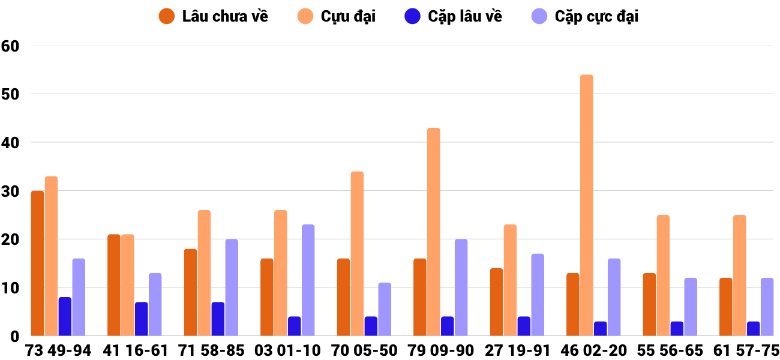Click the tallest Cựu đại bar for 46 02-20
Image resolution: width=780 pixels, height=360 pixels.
[586, 205]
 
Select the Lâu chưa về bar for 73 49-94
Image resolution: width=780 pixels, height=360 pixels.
[37, 263]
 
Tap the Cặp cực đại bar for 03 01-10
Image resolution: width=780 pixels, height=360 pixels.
[308, 280]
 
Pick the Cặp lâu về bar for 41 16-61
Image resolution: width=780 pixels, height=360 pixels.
[141, 319]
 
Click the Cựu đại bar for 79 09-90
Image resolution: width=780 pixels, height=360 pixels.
[433, 232]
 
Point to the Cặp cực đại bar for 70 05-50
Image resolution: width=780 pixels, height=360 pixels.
[385, 309]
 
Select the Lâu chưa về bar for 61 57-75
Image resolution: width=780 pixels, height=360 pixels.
[726, 307]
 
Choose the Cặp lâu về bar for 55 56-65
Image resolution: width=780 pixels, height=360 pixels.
[677, 329]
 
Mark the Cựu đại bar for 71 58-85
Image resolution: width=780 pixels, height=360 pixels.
[204, 273]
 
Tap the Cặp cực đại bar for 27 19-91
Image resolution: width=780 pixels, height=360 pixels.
[538, 295]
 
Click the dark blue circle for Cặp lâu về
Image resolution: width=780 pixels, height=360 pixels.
[412, 16]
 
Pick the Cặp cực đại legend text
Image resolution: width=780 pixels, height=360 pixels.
[596, 16]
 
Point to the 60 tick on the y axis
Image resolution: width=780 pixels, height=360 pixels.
[11, 46]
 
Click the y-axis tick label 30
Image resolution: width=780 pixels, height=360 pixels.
[11, 191]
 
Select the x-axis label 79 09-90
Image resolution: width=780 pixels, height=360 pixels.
[440, 350]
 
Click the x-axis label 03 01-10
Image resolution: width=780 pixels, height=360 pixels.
[287, 350]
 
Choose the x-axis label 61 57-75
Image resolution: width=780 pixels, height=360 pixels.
[746, 350]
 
